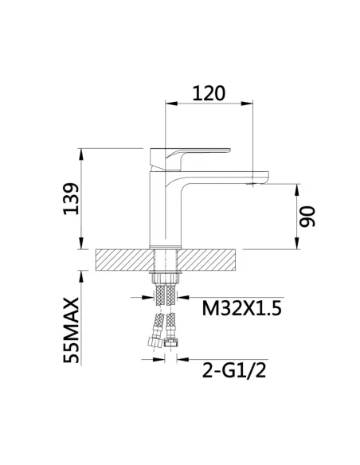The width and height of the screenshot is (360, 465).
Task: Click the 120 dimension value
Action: click(209, 93)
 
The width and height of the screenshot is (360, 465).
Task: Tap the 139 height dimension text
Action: click(71, 199)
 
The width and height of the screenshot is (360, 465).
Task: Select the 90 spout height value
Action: click(307, 217)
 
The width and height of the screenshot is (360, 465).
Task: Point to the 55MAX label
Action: click(71, 330)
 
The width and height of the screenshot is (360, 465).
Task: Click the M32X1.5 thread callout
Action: click(241, 308)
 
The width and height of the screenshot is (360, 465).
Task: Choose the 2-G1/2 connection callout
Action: click(234, 370)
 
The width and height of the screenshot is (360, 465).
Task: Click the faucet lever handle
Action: click(190, 159)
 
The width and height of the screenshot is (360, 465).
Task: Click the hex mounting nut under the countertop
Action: click(166, 278)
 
